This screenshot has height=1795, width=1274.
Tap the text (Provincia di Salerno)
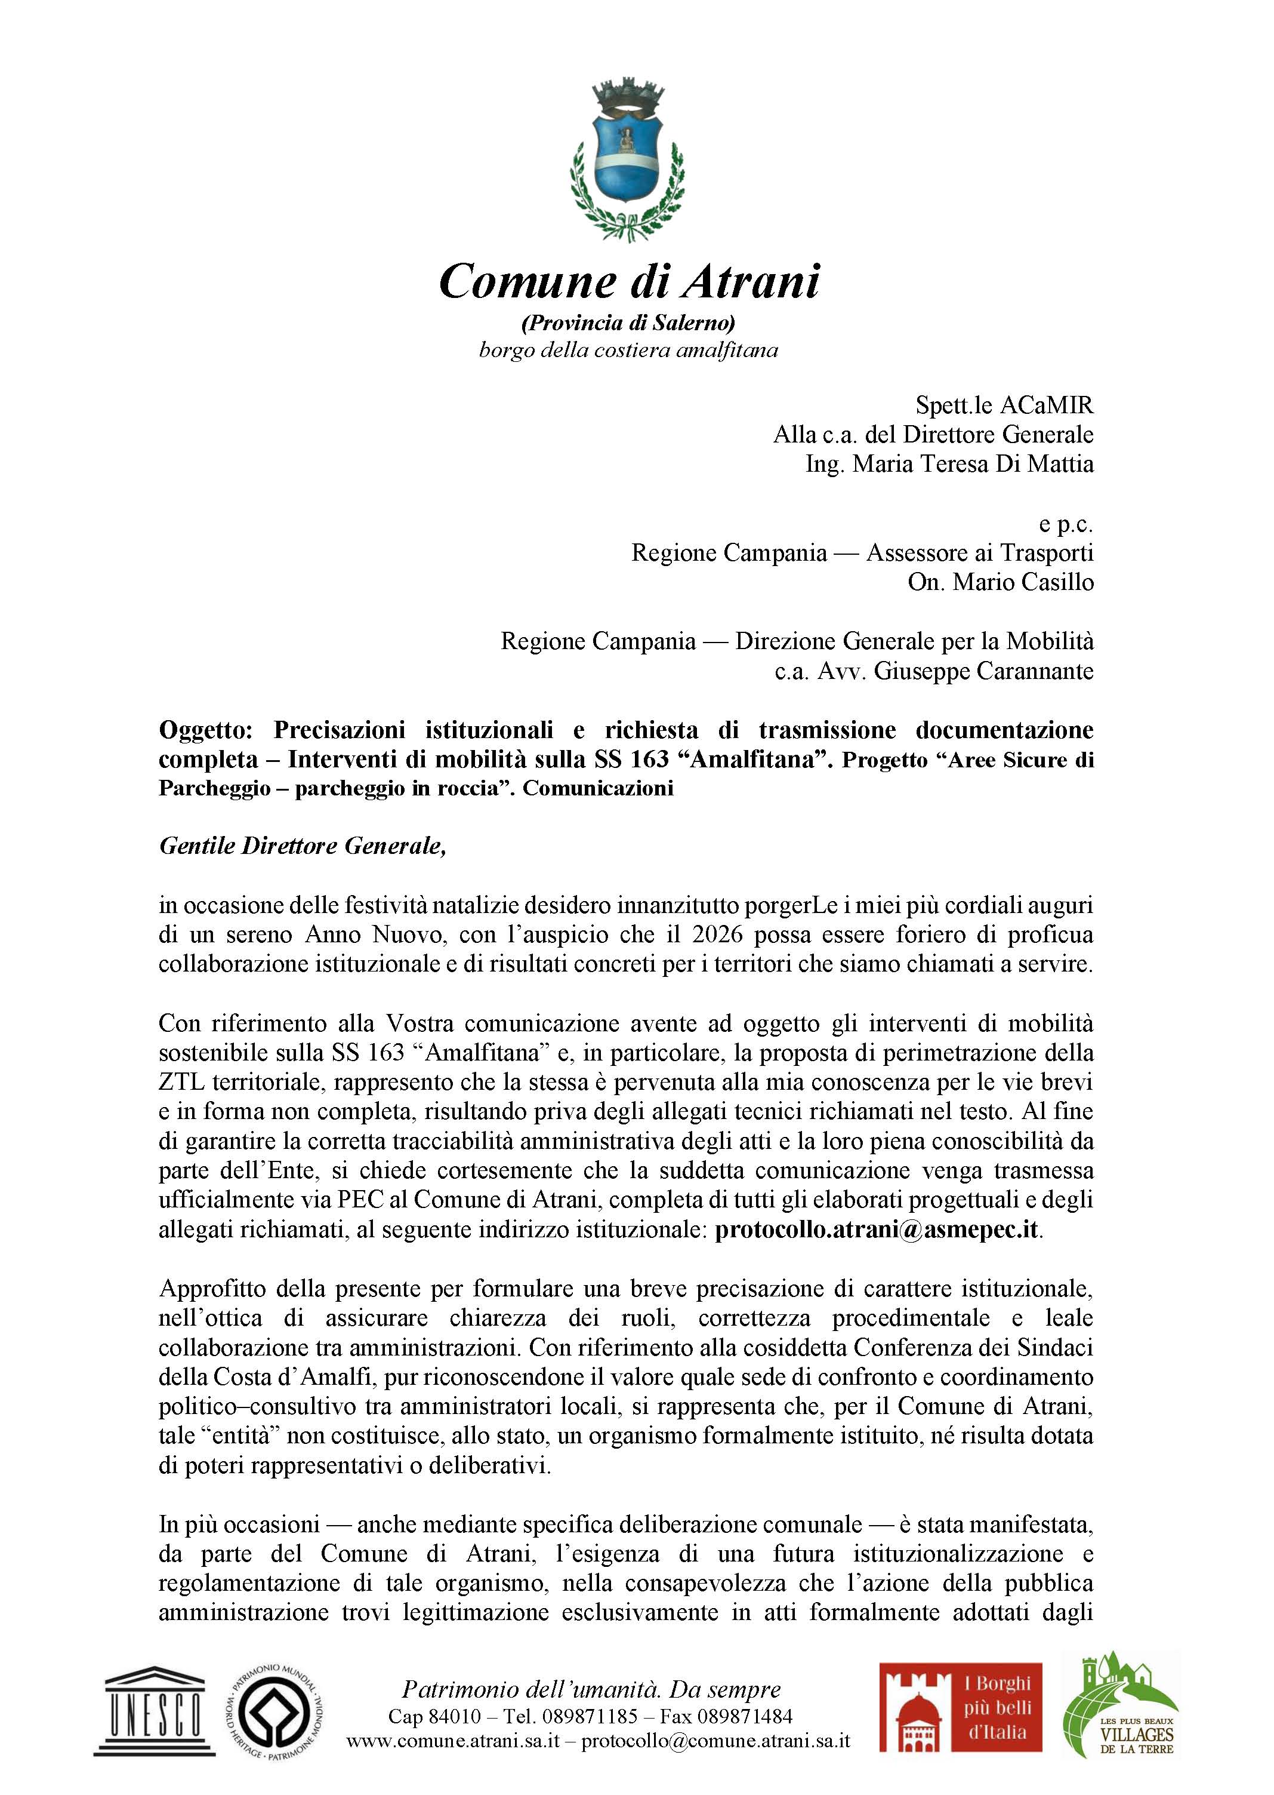click(x=628, y=322)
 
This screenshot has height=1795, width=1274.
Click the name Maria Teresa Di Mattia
click(x=973, y=464)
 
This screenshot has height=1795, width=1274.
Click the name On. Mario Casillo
click(x=1000, y=582)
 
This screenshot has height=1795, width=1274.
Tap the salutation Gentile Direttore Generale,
click(x=302, y=846)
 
